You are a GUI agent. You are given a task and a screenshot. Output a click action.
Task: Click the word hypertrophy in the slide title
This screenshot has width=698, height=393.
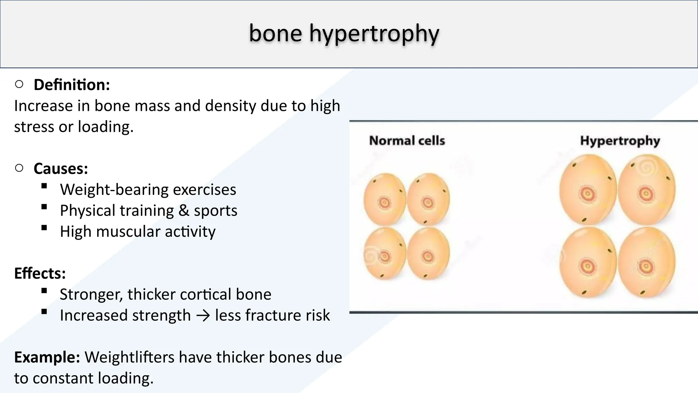click(x=374, y=33)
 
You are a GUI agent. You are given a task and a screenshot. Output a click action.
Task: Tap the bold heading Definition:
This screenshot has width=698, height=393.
click(x=72, y=85)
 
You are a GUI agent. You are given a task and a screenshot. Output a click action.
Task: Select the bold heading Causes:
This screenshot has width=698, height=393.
click(x=61, y=169)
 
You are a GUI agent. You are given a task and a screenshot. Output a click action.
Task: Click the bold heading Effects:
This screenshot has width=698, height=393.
click(x=40, y=273)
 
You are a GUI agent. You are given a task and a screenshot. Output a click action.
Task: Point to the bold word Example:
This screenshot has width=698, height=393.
click(x=47, y=357)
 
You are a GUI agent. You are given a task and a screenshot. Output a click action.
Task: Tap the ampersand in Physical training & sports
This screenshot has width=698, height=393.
click(x=184, y=210)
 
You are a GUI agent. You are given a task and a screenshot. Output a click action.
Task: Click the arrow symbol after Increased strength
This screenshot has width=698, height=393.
click(x=203, y=316)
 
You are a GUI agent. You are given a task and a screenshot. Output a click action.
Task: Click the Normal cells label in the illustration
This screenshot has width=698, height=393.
click(x=407, y=141)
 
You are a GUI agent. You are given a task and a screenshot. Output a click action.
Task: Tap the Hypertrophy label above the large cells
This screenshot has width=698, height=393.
click(x=620, y=141)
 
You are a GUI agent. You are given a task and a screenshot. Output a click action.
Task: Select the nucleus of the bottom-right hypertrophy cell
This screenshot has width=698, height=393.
click(x=645, y=266)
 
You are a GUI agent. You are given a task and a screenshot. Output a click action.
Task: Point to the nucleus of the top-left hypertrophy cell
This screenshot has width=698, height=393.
click(x=587, y=194)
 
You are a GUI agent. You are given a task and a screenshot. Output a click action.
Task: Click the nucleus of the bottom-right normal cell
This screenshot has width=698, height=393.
click(x=427, y=256)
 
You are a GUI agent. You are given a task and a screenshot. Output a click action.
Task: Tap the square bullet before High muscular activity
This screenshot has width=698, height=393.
click(x=44, y=228)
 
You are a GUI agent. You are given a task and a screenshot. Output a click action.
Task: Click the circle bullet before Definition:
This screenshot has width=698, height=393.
click(x=19, y=84)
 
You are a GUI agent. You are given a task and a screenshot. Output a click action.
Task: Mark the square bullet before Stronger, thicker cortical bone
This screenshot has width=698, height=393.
click(x=44, y=291)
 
